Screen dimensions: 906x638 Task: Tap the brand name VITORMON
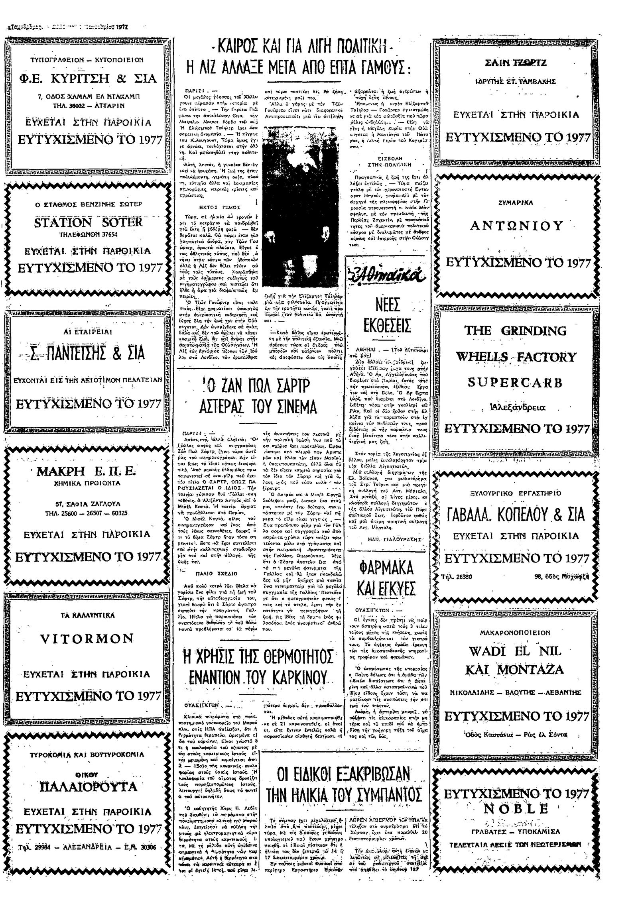pyautogui.click(x=87, y=638)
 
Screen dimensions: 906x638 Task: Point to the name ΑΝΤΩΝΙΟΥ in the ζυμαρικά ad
pyautogui.click(x=517, y=226)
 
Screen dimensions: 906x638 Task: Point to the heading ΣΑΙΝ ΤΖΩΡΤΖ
pyautogui.click(x=516, y=63)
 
